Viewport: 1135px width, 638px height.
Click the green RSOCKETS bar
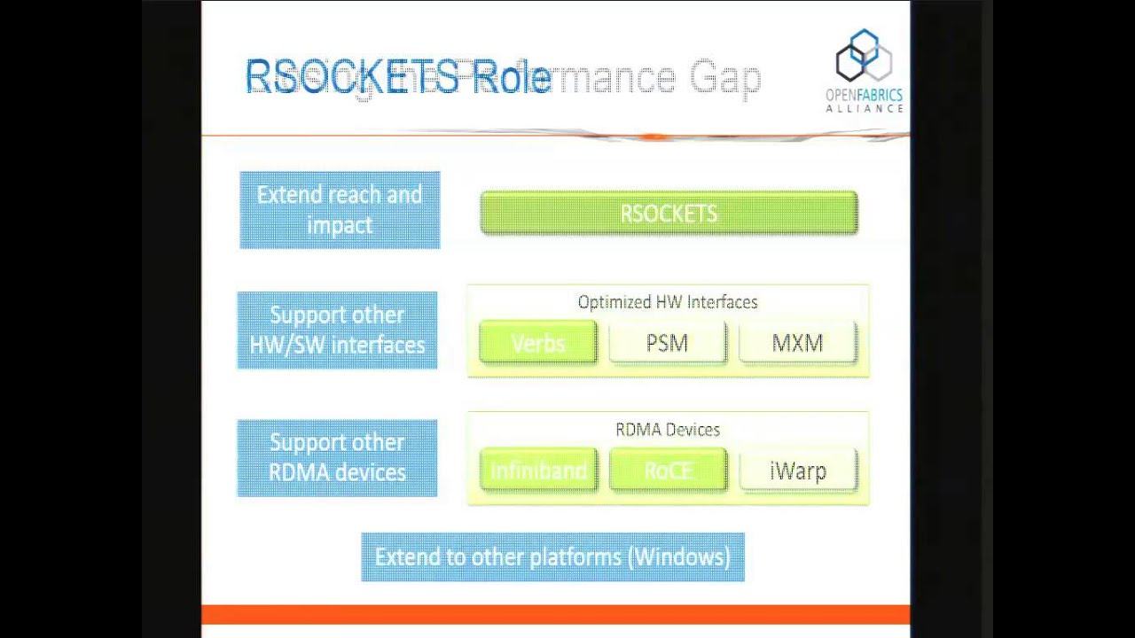click(669, 214)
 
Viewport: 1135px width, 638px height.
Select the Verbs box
click(538, 343)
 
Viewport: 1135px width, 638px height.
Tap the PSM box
click(667, 343)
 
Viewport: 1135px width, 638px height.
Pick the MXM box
click(797, 343)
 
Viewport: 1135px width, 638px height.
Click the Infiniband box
click(538, 471)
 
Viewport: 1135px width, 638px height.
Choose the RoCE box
click(667, 471)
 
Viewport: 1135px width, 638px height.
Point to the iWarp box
click(797, 471)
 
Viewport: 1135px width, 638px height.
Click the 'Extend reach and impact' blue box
click(340, 210)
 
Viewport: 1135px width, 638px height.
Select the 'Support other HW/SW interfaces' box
click(337, 330)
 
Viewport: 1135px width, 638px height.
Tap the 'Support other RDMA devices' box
click(337, 457)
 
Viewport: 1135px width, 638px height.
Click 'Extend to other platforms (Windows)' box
click(552, 557)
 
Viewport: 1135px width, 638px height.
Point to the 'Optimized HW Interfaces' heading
click(668, 302)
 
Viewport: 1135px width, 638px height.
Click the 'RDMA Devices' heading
click(668, 430)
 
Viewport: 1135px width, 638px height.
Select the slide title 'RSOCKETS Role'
click(398, 77)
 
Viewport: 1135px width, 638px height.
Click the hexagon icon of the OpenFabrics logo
click(864, 57)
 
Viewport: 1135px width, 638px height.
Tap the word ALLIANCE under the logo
click(864, 108)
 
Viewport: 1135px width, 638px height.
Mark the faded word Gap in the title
click(725, 78)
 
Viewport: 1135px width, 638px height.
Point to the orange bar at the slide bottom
click(555, 614)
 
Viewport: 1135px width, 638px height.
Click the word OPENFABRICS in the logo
click(864, 95)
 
